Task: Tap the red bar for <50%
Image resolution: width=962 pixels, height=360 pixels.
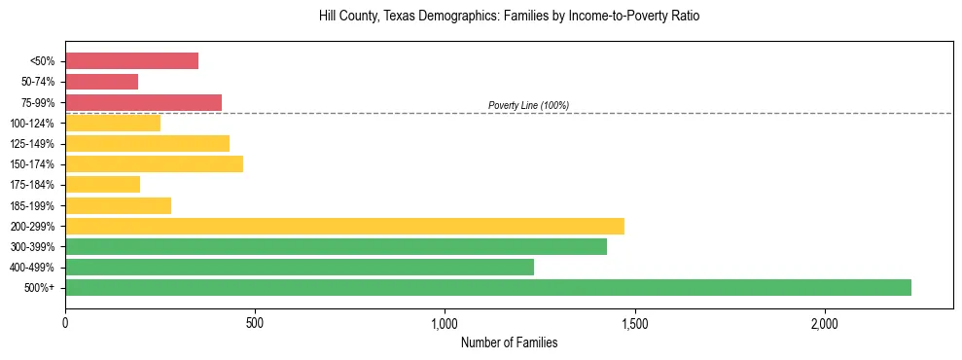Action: [x=131, y=61]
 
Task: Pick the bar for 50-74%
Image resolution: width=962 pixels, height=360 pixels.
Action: [x=101, y=82]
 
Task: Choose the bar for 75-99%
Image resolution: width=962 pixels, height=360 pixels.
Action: [x=143, y=102]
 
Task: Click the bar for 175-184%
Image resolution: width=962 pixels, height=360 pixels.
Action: [x=102, y=184]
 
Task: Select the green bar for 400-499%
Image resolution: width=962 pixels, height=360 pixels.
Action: [x=300, y=267]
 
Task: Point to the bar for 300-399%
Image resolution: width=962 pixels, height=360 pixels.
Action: [x=336, y=246]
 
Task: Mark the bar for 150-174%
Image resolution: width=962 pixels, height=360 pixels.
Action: [x=154, y=163]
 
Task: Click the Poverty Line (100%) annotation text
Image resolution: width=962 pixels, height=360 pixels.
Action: [x=528, y=105]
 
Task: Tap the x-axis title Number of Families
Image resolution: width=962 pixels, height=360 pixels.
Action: [x=509, y=342]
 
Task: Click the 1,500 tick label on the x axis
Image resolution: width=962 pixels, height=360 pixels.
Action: [x=634, y=322]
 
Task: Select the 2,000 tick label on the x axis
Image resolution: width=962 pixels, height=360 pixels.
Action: [x=824, y=322]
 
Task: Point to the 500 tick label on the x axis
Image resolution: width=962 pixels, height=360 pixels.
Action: [x=255, y=322]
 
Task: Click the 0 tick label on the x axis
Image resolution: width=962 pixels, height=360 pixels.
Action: [x=65, y=322]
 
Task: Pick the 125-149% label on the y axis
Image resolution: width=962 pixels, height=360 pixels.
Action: [x=32, y=144]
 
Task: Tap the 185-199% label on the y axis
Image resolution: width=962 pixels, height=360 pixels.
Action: [x=32, y=205]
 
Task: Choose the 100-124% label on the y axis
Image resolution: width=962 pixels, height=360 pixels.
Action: [x=32, y=124]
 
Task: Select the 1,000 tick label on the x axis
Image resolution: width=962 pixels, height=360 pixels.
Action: [x=445, y=322]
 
